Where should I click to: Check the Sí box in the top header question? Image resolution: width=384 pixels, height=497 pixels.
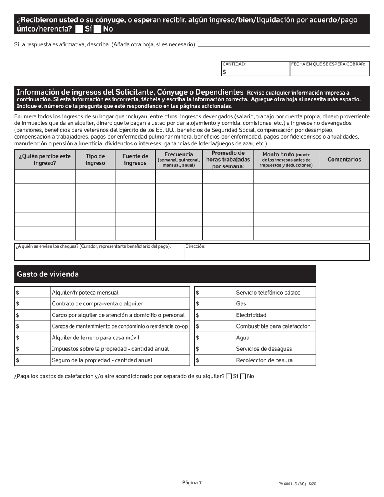tap(79, 29)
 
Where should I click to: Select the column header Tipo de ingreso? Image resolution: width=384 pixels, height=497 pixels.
tap(95, 160)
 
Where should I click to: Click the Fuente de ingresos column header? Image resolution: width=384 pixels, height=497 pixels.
tap(135, 160)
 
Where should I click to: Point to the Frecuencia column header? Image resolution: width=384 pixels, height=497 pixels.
tap(179, 160)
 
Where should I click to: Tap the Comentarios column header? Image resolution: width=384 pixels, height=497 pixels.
tap(344, 160)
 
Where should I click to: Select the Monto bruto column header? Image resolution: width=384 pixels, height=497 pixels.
tap(286, 160)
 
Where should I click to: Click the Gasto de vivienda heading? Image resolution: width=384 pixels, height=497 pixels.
tap(48, 274)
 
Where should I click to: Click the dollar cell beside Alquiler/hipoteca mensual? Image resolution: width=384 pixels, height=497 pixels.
tap(32, 293)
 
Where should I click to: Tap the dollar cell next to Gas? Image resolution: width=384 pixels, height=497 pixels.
tap(214, 304)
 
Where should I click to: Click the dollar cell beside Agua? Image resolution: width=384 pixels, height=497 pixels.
tap(214, 338)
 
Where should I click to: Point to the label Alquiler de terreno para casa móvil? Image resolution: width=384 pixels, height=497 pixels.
tap(95, 338)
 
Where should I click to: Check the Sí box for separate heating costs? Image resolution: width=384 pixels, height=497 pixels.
tap(229, 377)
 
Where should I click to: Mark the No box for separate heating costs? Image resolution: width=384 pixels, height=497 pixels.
tap(243, 377)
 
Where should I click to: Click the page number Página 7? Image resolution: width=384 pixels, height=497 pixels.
tap(192, 483)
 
